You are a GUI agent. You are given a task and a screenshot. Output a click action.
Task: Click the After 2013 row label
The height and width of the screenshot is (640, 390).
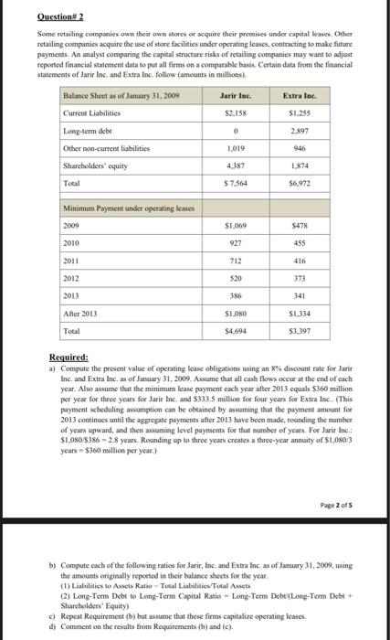(81, 313)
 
